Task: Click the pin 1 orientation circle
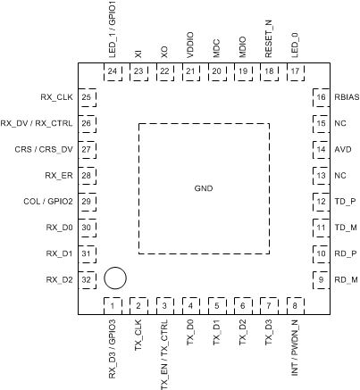pos(114,278)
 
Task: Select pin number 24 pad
pos(112,71)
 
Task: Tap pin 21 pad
pos(190,71)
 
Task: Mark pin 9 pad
pos(320,280)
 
